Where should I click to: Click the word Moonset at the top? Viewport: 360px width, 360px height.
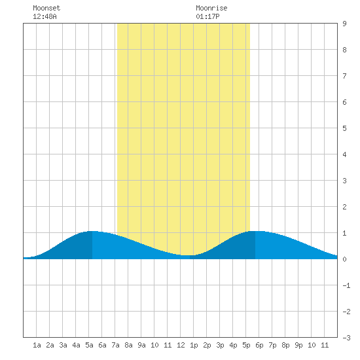coord(46,8)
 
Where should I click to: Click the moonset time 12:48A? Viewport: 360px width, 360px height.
coord(45,16)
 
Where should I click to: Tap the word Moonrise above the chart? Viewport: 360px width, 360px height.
coord(211,8)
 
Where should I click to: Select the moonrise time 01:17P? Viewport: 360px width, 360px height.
coord(207,16)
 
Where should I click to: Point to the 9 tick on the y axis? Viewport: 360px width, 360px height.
coord(344,24)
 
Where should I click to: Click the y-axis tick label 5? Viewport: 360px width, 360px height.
coord(344,128)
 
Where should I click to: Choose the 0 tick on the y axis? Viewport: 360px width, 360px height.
coord(344,259)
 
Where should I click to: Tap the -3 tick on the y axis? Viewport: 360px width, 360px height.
coord(346,338)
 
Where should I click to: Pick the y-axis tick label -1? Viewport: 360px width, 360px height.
coord(346,285)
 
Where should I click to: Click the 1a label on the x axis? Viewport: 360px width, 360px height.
coord(37,345)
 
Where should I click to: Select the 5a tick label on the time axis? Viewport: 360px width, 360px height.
coord(89,345)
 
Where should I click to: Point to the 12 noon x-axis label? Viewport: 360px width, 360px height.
coord(181,345)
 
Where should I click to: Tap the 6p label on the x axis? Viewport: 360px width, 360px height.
coord(259,345)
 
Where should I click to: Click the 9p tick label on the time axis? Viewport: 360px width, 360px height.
coord(298,345)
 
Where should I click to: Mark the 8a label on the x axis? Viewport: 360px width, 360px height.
coord(128,345)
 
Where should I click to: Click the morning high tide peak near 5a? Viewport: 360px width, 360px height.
coord(92,231)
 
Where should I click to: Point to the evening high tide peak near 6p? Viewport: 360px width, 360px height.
coord(255,231)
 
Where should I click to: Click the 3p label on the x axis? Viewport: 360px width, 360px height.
coord(220,345)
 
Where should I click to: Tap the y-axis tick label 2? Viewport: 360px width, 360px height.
coord(344,207)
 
